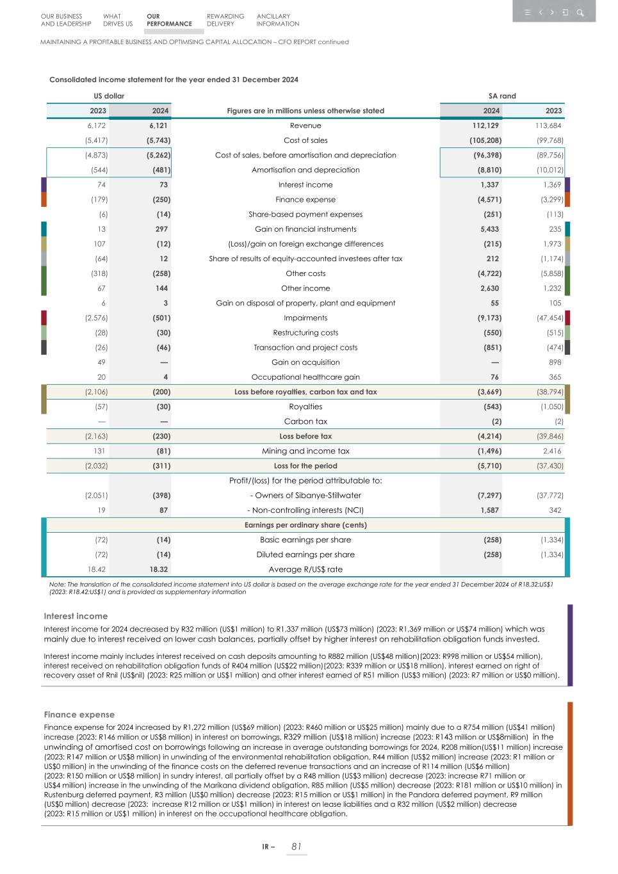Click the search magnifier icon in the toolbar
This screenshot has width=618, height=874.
point(580,12)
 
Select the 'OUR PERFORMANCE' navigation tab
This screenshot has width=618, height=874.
point(169,20)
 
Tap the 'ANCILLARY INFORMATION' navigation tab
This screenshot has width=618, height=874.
point(277,20)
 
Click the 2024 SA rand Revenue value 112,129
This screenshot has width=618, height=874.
point(485,125)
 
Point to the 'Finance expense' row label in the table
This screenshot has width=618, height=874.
point(305,200)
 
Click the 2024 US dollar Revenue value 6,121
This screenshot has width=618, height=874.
point(159,125)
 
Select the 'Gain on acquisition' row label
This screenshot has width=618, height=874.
point(305,362)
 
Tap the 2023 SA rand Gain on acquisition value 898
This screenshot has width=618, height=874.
point(555,362)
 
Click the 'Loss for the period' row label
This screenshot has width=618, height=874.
point(305,466)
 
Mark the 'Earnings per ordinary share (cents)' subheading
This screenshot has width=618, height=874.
point(305,525)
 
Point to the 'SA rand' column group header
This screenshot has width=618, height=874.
point(502,96)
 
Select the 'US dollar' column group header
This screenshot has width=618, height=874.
point(109,96)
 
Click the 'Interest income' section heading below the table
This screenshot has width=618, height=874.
point(76,616)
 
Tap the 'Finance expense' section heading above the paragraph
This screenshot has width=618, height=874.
point(79,715)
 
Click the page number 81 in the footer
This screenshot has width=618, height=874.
point(296,846)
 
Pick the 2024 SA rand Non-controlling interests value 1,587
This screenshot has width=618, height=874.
point(489,510)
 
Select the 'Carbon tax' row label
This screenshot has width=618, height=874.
point(305,421)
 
